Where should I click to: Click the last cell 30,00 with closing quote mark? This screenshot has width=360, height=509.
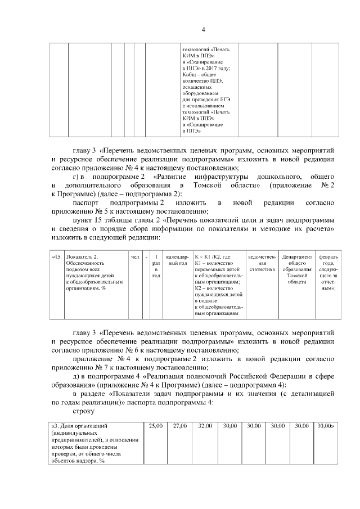[326, 427]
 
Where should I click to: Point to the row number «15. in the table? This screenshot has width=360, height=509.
[57, 257]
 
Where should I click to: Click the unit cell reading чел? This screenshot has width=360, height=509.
[135, 257]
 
